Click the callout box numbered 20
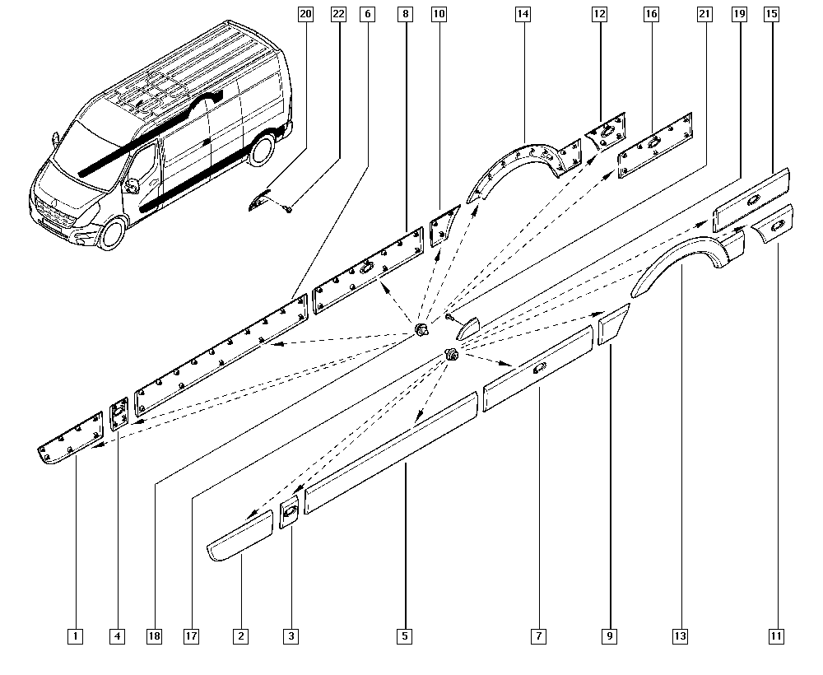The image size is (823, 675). pos(306,14)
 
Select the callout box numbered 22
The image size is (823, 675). pos(338,14)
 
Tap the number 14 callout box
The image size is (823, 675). pos(523,14)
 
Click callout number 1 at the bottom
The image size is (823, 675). pos(75,635)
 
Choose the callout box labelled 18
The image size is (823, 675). pos(154,635)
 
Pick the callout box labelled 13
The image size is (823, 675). pos(680,635)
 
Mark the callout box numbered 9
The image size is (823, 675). pos(609,635)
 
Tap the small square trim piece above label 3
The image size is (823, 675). pos(290,512)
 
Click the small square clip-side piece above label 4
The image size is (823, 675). pos(119,413)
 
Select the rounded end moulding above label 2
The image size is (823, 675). pos(240,537)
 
